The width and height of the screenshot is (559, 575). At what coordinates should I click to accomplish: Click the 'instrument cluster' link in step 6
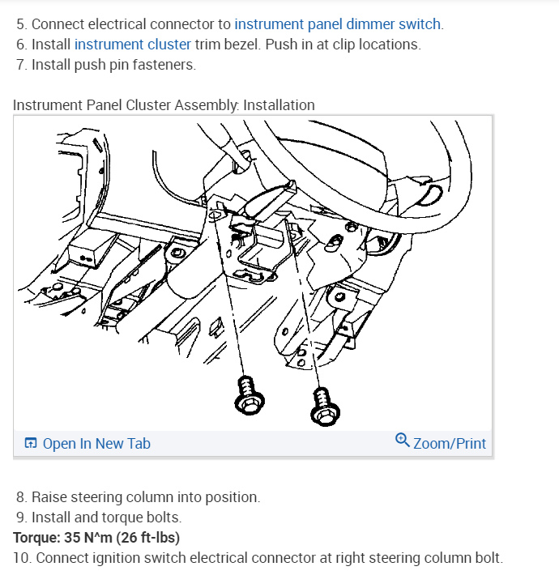point(133,44)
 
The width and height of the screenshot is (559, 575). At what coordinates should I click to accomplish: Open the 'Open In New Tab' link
point(96,443)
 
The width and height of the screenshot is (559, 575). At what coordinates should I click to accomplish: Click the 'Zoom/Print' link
point(450,443)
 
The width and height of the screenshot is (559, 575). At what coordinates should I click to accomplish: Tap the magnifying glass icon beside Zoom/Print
point(403,441)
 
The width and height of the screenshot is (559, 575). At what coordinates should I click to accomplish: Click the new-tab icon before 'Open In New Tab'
point(31,443)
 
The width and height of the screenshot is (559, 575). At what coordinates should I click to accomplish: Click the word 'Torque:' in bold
point(38,538)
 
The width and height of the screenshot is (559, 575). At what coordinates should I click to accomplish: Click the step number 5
point(20,23)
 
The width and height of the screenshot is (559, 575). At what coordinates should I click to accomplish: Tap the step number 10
point(21,558)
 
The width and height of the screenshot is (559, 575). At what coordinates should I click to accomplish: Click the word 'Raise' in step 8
point(51,497)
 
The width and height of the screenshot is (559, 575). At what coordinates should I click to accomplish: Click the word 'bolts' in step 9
point(163,517)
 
